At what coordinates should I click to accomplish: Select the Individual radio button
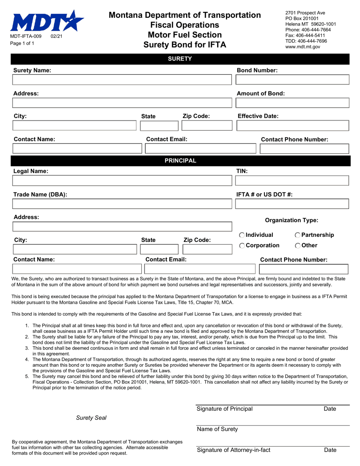(242, 235)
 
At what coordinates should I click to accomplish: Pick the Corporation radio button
(242, 246)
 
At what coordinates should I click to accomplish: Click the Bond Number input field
(292, 80)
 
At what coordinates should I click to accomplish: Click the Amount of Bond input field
(292, 103)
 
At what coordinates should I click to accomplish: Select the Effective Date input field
(292, 126)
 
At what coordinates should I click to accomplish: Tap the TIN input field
(292, 180)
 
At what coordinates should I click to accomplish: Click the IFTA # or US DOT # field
(292, 204)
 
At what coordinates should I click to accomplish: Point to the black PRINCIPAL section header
(180, 161)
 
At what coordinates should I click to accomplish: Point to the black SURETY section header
(180, 59)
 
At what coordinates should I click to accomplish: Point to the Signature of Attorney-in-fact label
(233, 450)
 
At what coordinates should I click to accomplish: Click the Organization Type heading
(291, 220)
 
